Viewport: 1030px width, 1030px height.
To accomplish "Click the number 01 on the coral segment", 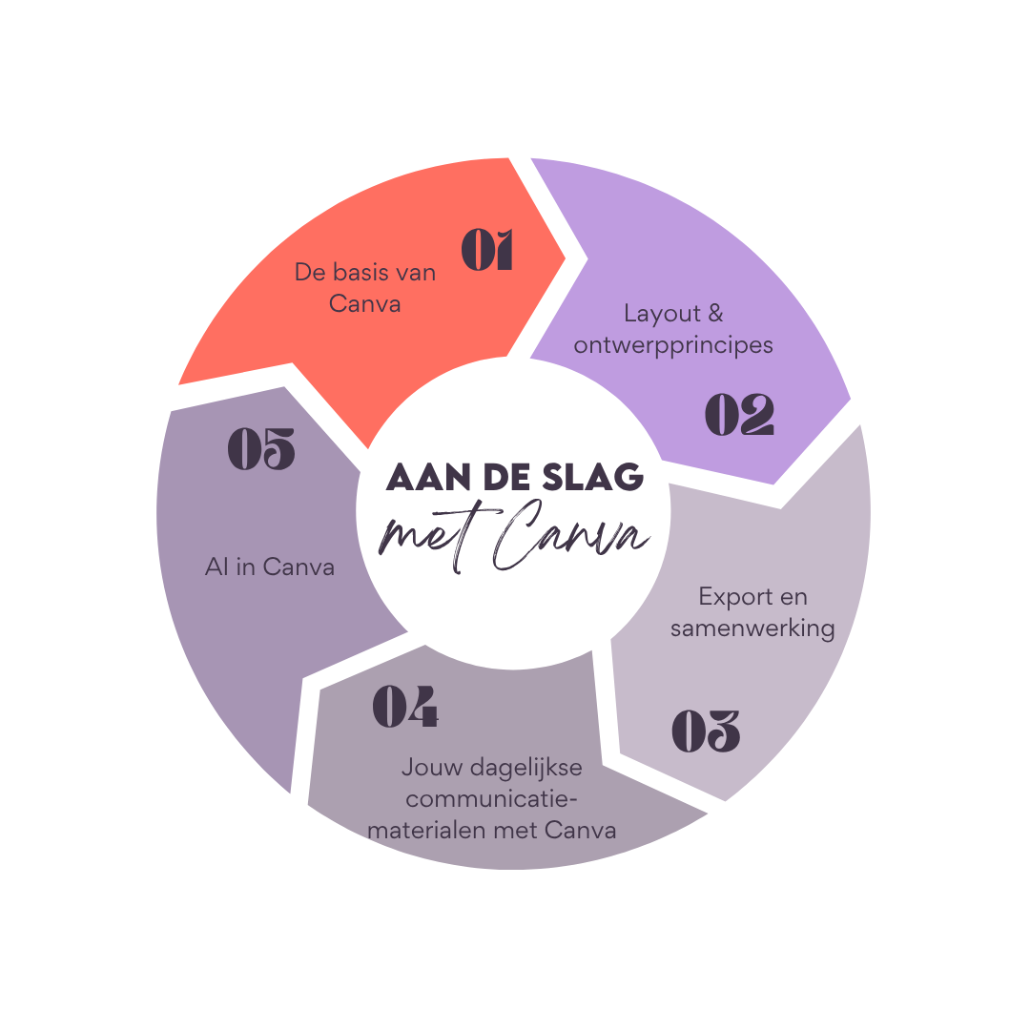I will click(x=487, y=250).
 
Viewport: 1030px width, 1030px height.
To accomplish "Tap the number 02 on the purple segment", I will click(x=739, y=415).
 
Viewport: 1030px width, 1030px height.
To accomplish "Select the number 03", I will click(x=706, y=731).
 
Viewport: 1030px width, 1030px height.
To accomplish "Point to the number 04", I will click(x=405, y=707).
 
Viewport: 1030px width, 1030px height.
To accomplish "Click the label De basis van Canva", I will click(x=364, y=288).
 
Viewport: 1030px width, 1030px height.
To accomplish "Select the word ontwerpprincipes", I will click(x=673, y=344).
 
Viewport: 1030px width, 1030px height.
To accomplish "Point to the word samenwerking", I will click(x=752, y=628).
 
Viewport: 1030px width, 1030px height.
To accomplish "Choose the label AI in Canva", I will click(x=270, y=566).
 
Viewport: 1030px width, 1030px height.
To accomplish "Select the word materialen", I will click(x=427, y=830).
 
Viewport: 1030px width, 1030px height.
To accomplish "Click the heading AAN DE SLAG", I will click(x=515, y=478).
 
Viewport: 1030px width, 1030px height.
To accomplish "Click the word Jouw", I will click(x=427, y=767).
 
